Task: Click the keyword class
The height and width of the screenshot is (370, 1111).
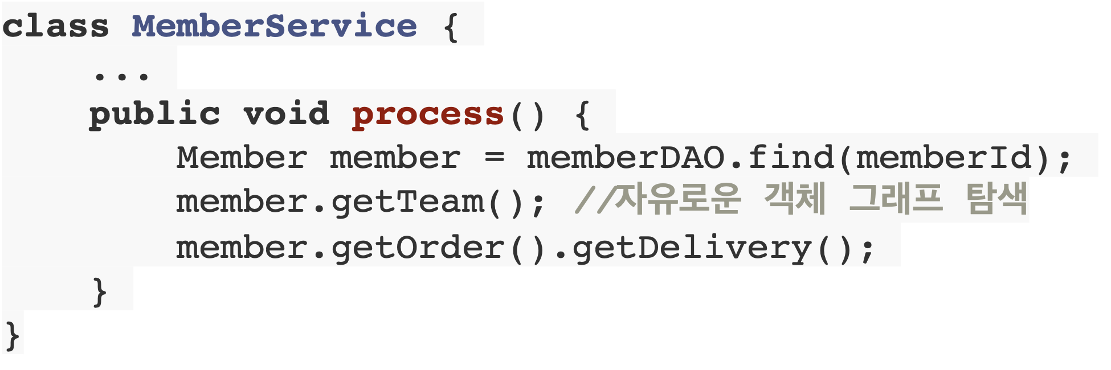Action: tap(55, 26)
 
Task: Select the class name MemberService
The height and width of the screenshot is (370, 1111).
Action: tap(274, 26)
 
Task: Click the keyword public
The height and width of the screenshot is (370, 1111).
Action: tap(154, 114)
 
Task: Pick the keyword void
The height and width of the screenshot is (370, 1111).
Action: tap(286, 114)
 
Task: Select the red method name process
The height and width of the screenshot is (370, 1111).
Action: tap(428, 114)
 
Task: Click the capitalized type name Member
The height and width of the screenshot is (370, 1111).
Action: tap(242, 158)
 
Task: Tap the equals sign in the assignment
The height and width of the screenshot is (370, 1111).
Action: tap(494, 158)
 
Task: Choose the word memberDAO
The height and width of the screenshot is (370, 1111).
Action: tap(625, 158)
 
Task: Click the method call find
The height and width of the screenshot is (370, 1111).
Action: tap(791, 158)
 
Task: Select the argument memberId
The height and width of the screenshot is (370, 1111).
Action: tap(944, 158)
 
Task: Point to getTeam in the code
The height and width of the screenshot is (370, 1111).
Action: tap(407, 203)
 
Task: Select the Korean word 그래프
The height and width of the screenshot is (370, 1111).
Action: tap(896, 199)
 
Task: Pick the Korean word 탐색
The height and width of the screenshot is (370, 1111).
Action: tap(996, 199)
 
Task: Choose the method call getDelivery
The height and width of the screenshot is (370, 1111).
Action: tap(692, 248)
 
